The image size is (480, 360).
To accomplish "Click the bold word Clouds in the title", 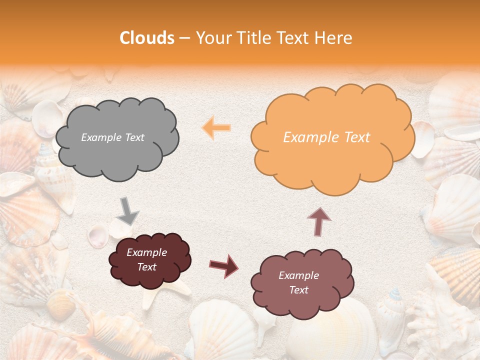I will point(147,38).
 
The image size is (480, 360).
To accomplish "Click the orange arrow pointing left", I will point(216,128).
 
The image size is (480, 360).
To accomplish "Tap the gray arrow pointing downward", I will point(128,210).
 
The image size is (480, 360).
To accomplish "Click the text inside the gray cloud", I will point(112,137).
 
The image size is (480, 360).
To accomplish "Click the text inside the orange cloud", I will point(326,137).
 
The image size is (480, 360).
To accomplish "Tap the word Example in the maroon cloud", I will point(146,252).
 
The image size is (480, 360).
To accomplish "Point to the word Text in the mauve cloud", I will point(298,290).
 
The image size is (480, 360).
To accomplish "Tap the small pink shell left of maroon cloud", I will point(97,235).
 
